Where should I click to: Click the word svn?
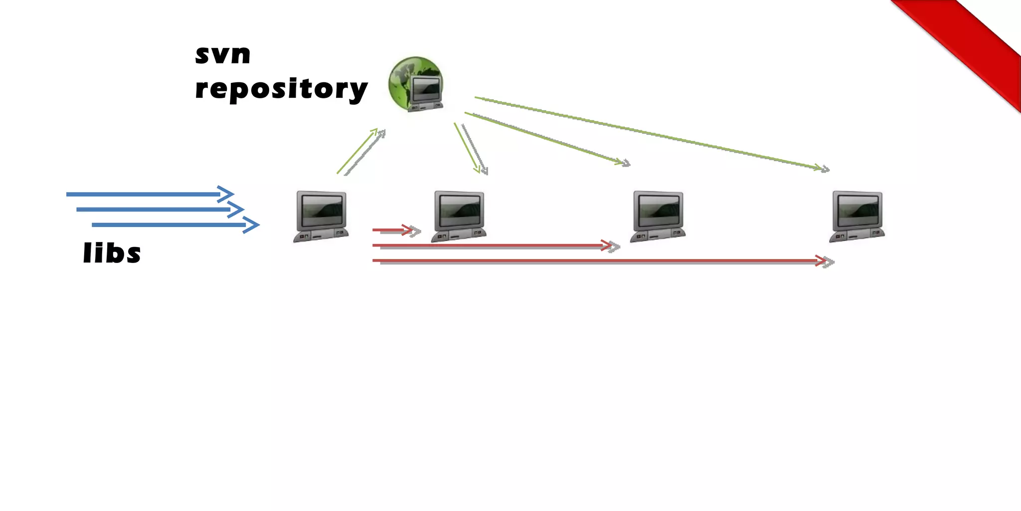point(222,54)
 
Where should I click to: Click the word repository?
point(281,89)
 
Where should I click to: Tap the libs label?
point(112,253)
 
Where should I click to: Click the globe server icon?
point(416,84)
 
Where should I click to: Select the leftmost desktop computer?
point(321,216)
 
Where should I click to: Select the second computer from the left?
point(459,216)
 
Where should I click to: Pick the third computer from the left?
point(658,216)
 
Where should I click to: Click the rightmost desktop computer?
point(857,216)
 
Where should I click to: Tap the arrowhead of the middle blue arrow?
point(237,210)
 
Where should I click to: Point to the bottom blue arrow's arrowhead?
point(252,225)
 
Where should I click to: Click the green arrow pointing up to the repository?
point(357,151)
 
